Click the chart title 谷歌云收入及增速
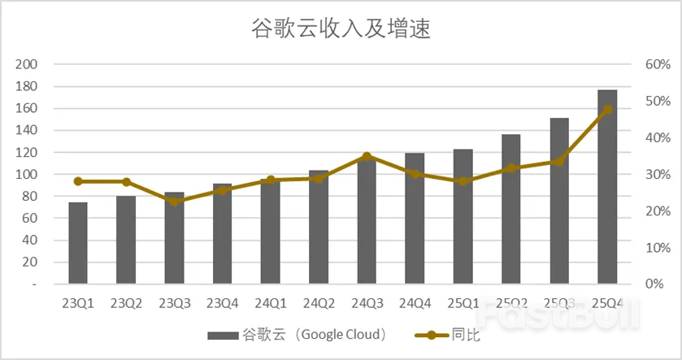click(x=341, y=30)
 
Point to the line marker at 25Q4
click(x=607, y=110)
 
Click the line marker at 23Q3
click(x=174, y=201)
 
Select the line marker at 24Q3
click(x=367, y=157)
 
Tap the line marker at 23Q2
click(x=126, y=182)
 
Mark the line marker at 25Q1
click(x=463, y=181)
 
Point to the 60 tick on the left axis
click(x=30, y=219)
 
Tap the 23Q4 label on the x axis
click(x=222, y=303)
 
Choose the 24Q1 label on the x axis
click(x=270, y=303)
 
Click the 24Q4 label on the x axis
click(x=415, y=303)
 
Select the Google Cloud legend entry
click(x=297, y=334)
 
